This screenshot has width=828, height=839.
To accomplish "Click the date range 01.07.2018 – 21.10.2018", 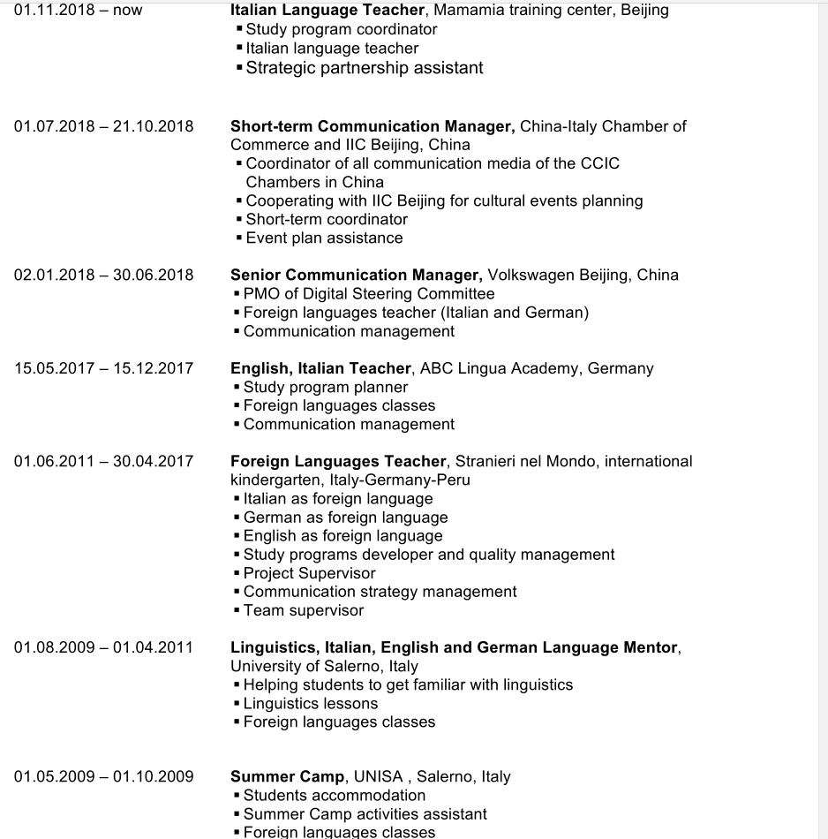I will (x=103, y=126).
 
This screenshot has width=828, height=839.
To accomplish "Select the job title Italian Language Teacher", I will (x=327, y=11).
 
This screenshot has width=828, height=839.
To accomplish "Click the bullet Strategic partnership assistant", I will (x=364, y=68).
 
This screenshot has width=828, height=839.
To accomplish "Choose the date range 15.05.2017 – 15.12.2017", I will (x=103, y=368).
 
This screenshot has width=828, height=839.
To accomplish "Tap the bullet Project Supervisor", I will (x=309, y=573).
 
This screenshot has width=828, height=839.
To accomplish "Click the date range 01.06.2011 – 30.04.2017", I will (x=103, y=461).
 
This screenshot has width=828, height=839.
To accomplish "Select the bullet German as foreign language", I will (x=345, y=518).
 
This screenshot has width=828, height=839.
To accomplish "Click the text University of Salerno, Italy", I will (x=324, y=666).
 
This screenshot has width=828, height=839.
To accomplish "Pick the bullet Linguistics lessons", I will (x=310, y=704).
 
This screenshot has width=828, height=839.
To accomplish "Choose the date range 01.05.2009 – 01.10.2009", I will (x=103, y=777).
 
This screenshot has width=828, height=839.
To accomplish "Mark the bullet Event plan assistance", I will (x=324, y=238).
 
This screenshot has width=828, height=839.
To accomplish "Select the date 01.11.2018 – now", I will (x=78, y=11).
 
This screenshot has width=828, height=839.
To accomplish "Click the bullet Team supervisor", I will (x=303, y=610).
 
